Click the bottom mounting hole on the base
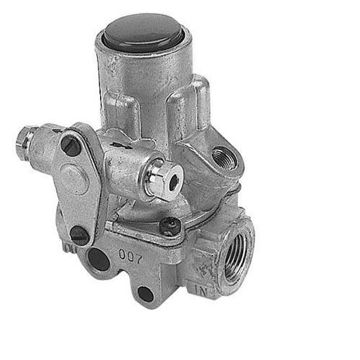144,293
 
